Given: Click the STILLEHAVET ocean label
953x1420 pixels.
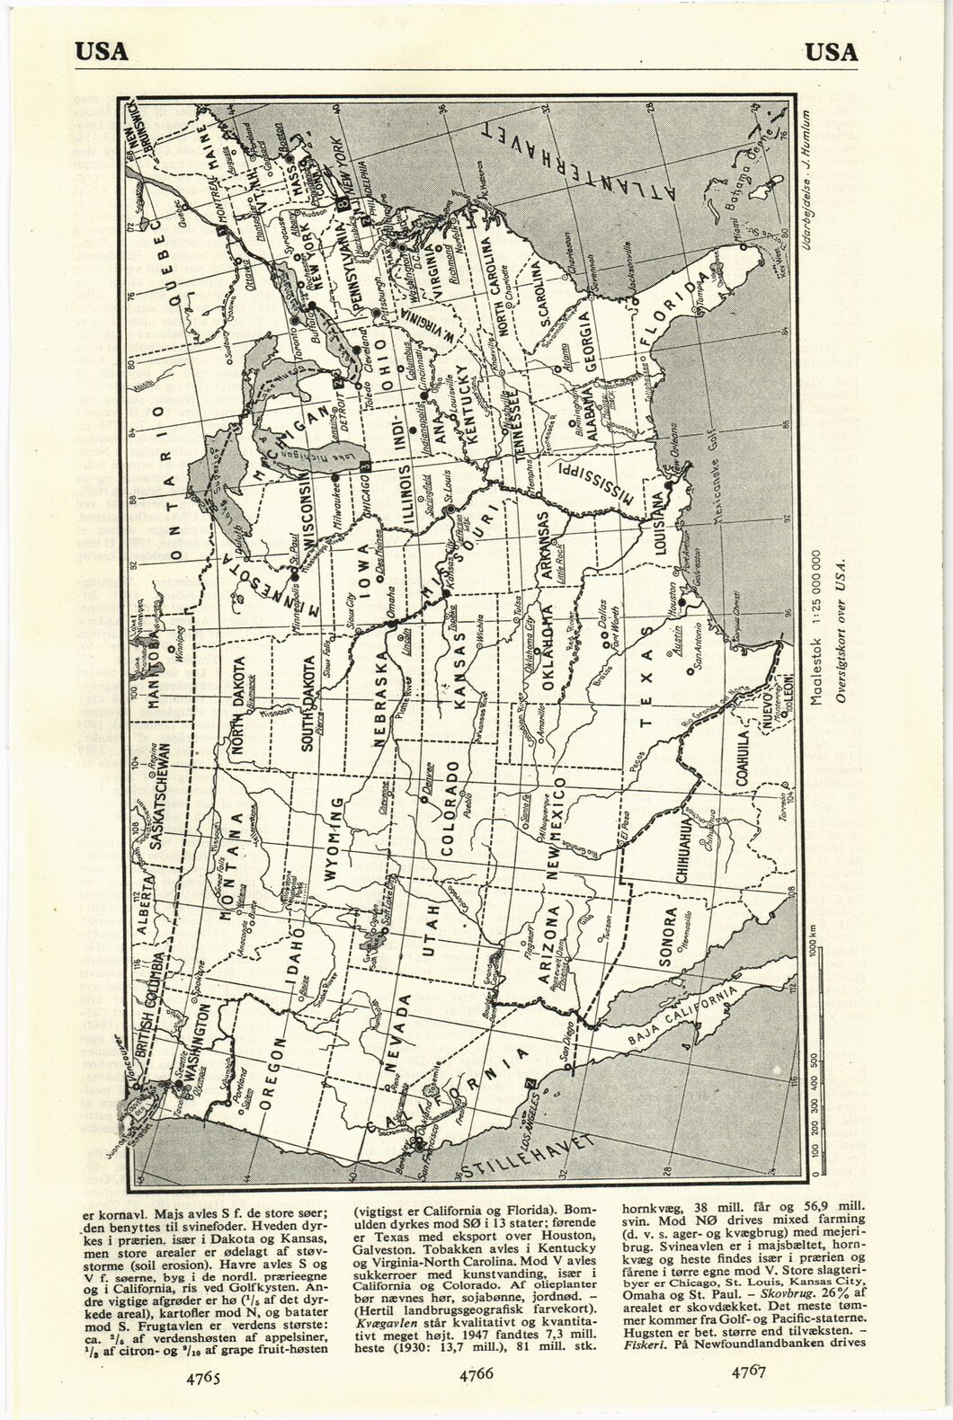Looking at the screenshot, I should [x=530, y=1155].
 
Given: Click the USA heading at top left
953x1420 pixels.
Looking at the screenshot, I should [x=102, y=52].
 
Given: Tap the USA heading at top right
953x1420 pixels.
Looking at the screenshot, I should [x=832, y=52].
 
